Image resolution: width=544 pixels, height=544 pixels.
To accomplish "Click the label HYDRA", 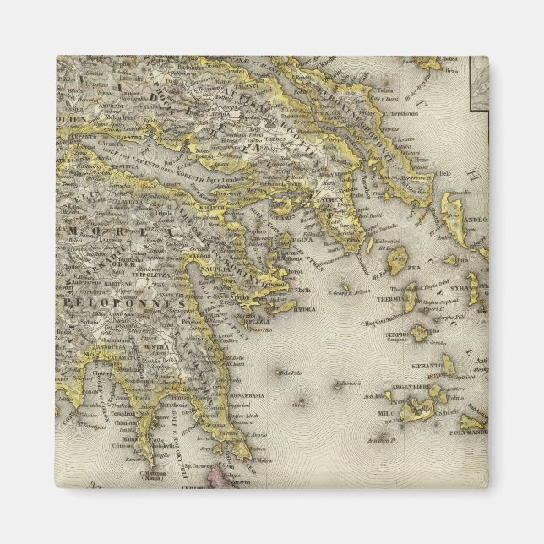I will (x=304, y=310).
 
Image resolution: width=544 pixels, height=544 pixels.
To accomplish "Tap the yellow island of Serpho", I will (x=419, y=333).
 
